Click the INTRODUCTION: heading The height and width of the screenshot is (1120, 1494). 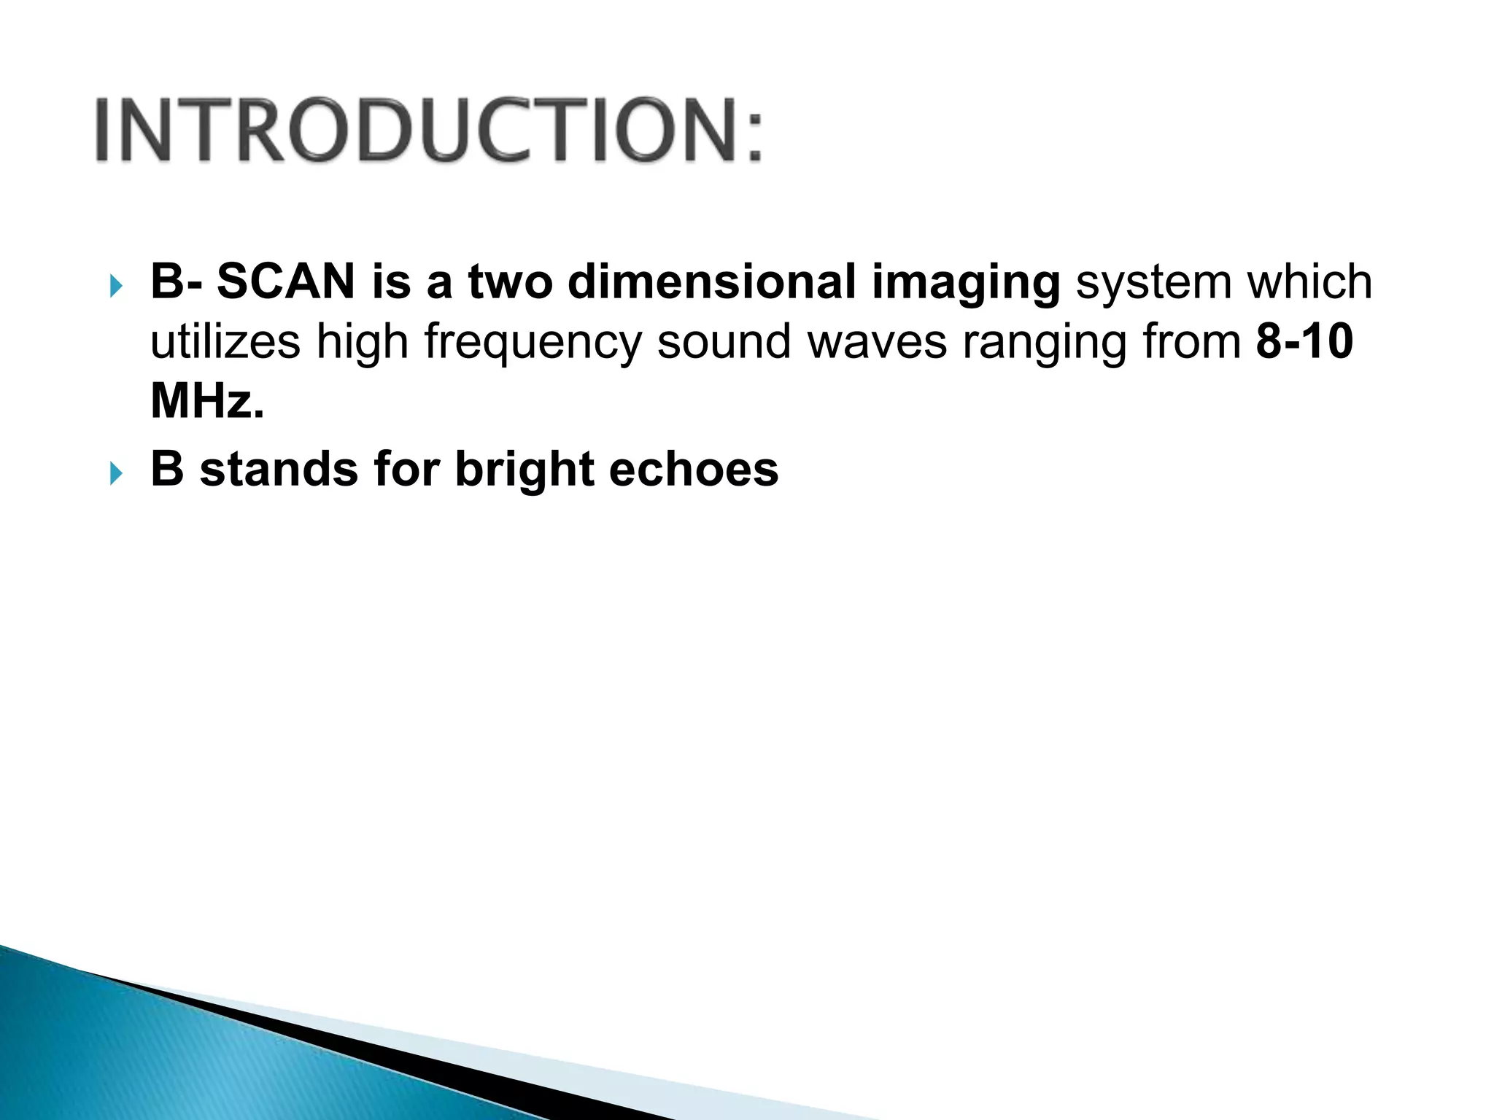[429, 130]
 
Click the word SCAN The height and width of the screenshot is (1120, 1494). [285, 281]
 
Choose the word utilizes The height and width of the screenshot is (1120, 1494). [225, 341]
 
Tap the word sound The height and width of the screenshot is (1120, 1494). [724, 341]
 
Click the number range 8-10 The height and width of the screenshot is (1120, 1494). [1304, 341]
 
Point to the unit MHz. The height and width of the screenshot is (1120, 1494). [206, 401]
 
